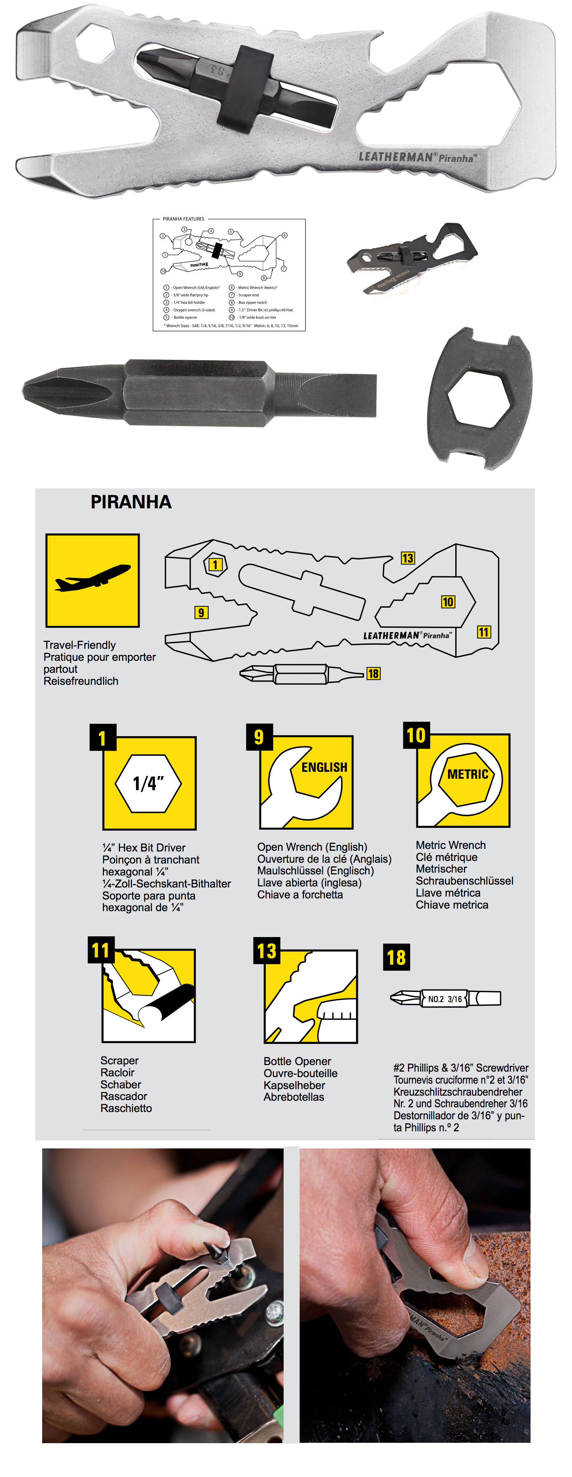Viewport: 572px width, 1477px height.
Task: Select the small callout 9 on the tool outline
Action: pyautogui.click(x=201, y=612)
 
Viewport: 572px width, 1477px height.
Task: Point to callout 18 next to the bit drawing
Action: pyautogui.click(x=373, y=673)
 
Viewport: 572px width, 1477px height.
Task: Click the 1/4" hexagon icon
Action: pyautogui.click(x=148, y=783)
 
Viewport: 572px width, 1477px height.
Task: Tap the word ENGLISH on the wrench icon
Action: pyautogui.click(x=324, y=767)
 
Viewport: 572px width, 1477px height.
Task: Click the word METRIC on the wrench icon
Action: pyautogui.click(x=467, y=774)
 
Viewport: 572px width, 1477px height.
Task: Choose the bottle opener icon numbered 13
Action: pyautogui.click(x=311, y=997)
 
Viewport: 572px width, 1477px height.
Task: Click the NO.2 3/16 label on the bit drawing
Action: pyautogui.click(x=445, y=999)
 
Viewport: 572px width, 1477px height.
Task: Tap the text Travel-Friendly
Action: pyautogui.click(x=80, y=645)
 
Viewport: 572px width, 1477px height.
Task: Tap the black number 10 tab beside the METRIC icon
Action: pyautogui.click(x=416, y=735)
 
